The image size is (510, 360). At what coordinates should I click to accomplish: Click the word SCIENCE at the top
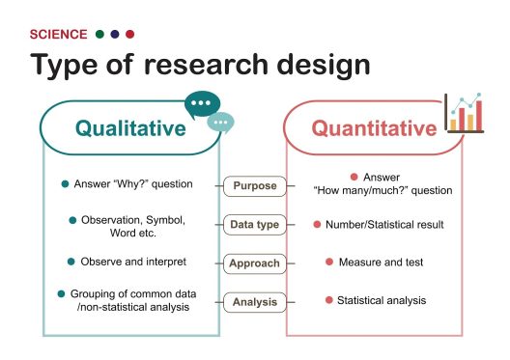coord(59,34)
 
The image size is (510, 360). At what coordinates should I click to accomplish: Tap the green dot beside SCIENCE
coord(100,34)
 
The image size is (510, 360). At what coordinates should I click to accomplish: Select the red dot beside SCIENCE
coord(129,34)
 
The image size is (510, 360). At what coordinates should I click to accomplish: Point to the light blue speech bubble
coord(222,123)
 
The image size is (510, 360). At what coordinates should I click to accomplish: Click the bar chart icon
coord(464,114)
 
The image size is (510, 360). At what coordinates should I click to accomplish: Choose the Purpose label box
coord(254,185)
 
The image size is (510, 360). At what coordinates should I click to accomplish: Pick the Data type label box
coord(254,225)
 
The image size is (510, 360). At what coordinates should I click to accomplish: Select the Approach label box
coord(254,263)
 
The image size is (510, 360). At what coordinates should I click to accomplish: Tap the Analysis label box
coord(254,302)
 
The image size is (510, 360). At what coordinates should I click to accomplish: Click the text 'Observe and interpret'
coord(133,262)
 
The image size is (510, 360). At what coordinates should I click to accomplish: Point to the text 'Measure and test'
coord(385,262)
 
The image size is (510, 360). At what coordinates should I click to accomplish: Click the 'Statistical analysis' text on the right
coord(381,300)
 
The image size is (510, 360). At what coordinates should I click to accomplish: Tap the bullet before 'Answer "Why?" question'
coord(65,183)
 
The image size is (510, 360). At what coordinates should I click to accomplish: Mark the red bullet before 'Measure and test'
coord(329,262)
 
